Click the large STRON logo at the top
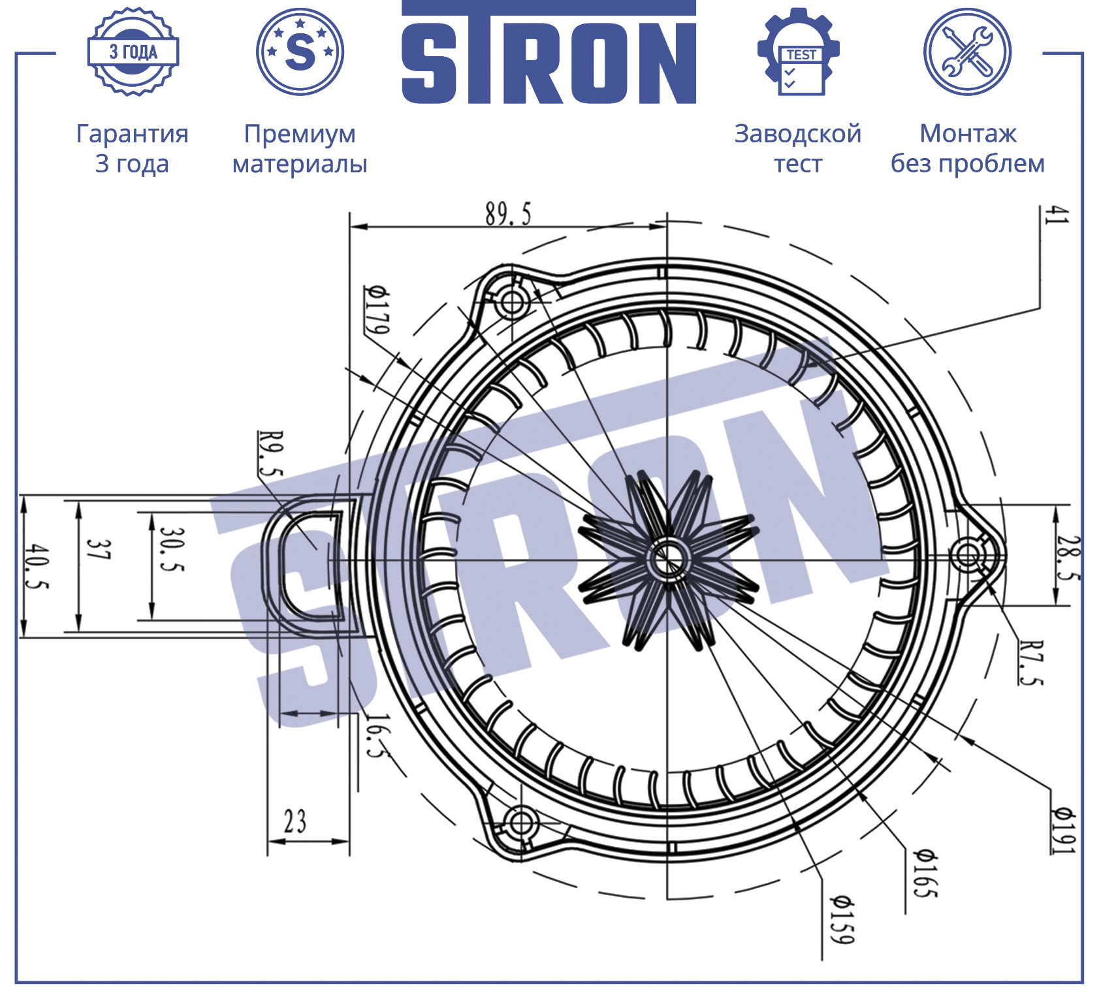click(549, 52)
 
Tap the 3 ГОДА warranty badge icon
click(133, 52)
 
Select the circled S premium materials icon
click(300, 52)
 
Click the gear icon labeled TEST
click(798, 52)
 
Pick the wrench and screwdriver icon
click(967, 52)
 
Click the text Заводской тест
click(798, 148)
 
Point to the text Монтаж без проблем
click(968, 148)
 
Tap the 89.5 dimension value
click(508, 214)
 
